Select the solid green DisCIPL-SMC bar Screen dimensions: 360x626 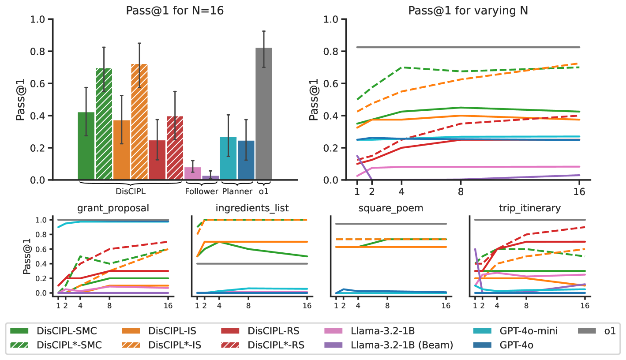(86, 146)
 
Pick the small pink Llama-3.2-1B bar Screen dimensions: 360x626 (192, 173)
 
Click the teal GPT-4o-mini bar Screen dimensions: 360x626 (228, 158)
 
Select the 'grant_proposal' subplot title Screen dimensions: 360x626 (113, 208)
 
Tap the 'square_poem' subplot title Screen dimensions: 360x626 (391, 208)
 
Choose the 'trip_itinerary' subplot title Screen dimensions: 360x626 (529, 208)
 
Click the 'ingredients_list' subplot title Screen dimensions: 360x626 (252, 208)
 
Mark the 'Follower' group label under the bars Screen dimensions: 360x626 (202, 191)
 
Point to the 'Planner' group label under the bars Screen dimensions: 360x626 (237, 191)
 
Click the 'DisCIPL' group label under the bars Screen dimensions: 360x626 (131, 191)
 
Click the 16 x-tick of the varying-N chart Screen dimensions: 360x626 (579, 191)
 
